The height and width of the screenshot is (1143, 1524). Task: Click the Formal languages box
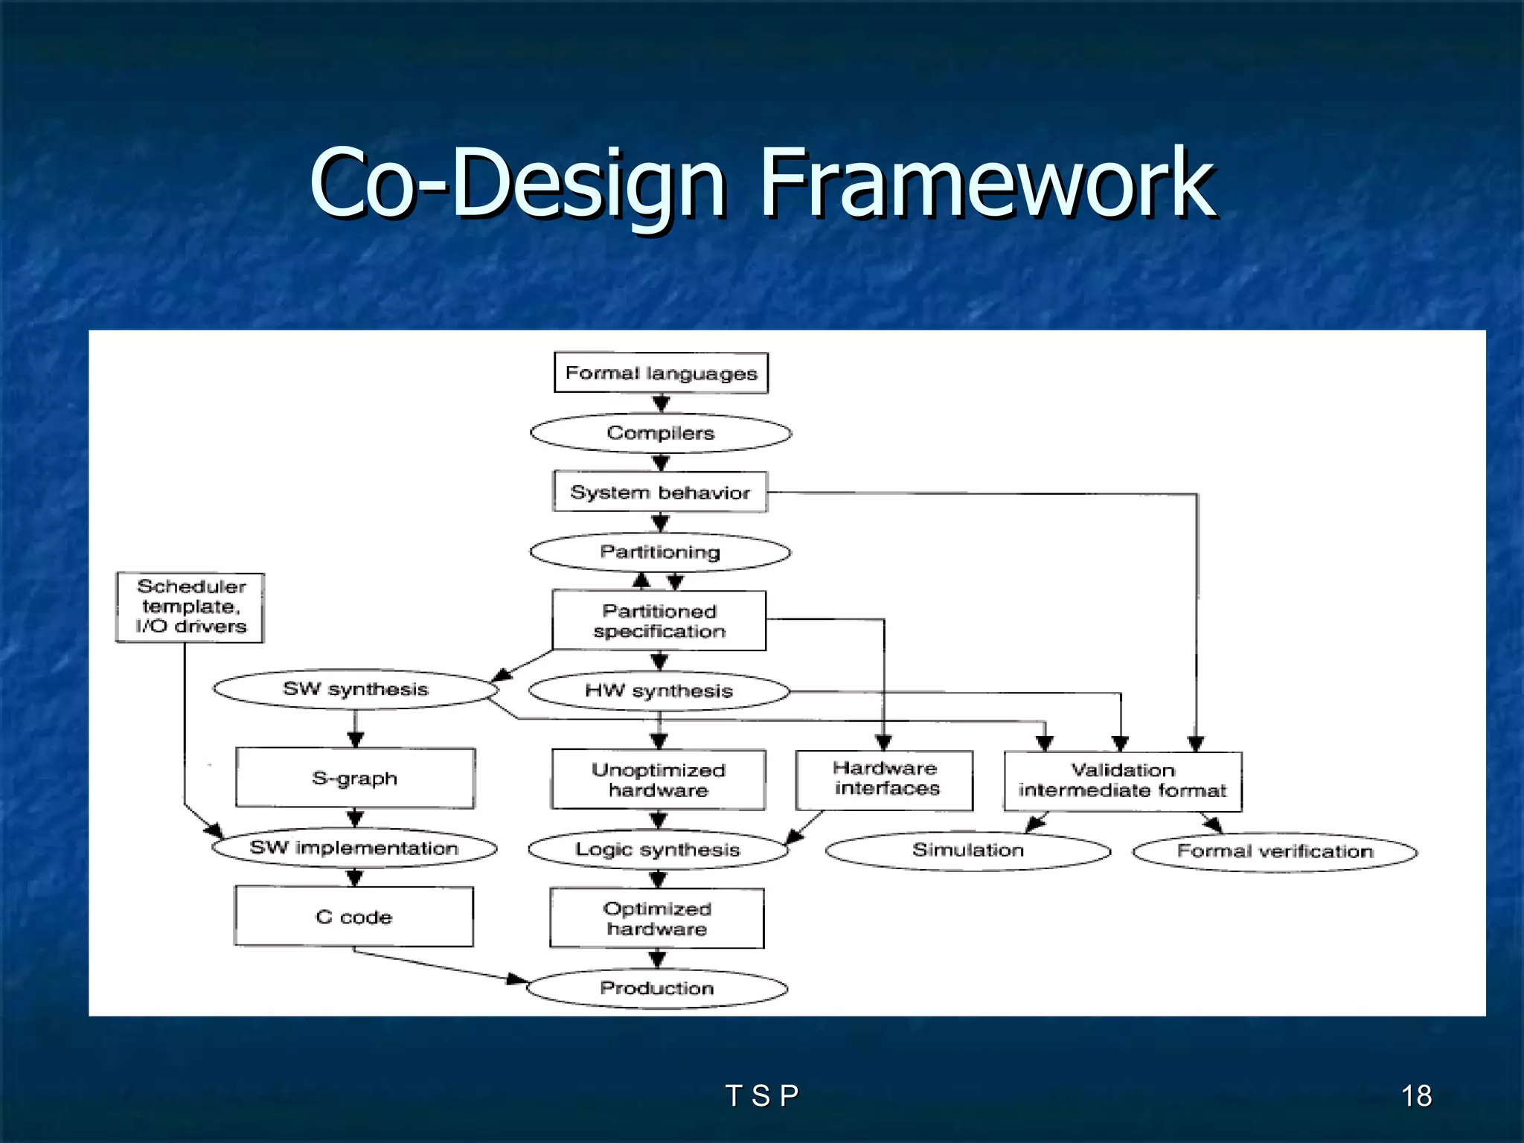click(x=661, y=373)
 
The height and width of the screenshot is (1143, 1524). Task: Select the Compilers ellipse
click(x=661, y=433)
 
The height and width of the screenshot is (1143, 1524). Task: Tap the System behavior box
click(x=660, y=492)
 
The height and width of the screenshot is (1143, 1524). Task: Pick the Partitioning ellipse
click(x=660, y=552)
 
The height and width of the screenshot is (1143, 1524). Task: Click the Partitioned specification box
click(x=659, y=621)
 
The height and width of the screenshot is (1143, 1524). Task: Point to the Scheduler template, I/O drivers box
click(x=190, y=607)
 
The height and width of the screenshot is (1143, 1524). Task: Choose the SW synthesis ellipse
click(x=356, y=689)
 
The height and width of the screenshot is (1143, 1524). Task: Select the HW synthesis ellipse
click(x=659, y=691)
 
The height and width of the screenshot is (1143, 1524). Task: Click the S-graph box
click(x=355, y=778)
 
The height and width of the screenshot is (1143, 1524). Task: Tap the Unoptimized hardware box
click(x=659, y=780)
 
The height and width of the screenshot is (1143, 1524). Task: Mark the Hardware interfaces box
click(x=885, y=780)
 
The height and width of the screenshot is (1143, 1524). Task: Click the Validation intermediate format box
click(x=1123, y=781)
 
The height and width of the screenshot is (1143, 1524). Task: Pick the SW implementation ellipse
click(x=354, y=848)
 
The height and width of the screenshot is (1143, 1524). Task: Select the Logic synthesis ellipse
click(x=658, y=850)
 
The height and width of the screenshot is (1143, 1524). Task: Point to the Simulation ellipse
click(x=968, y=851)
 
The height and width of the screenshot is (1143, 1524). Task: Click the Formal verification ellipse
click(x=1275, y=851)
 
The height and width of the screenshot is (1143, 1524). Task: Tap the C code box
click(x=354, y=917)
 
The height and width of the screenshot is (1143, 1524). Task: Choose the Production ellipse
click(x=657, y=988)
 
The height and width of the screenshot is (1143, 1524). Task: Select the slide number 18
click(x=1416, y=1095)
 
